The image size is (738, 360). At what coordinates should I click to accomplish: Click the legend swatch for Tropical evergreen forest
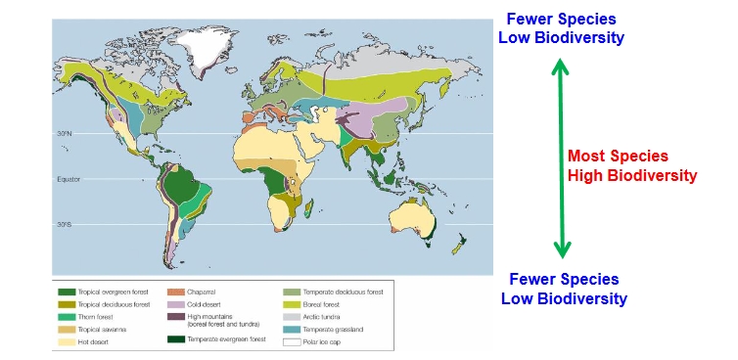[68, 292]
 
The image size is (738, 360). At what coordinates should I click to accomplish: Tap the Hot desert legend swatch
[68, 341]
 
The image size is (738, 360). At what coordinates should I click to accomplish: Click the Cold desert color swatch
[177, 304]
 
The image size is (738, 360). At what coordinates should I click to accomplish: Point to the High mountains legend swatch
[177, 316]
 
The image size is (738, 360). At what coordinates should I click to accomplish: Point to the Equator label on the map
[67, 179]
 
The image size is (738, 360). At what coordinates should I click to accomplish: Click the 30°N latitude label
[66, 134]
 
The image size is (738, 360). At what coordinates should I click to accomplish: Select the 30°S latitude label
[66, 224]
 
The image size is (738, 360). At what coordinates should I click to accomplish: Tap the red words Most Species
[618, 157]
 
